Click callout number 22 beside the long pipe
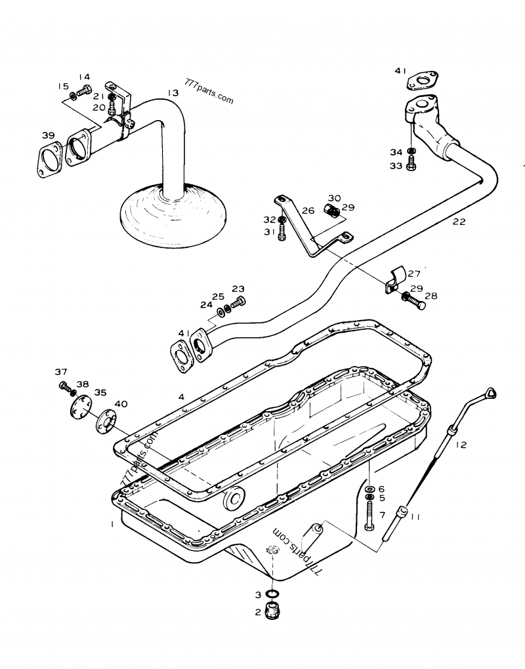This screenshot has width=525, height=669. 459,222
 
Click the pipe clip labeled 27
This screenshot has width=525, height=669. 394,279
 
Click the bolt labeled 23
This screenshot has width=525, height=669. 240,301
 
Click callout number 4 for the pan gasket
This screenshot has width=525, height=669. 180,396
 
